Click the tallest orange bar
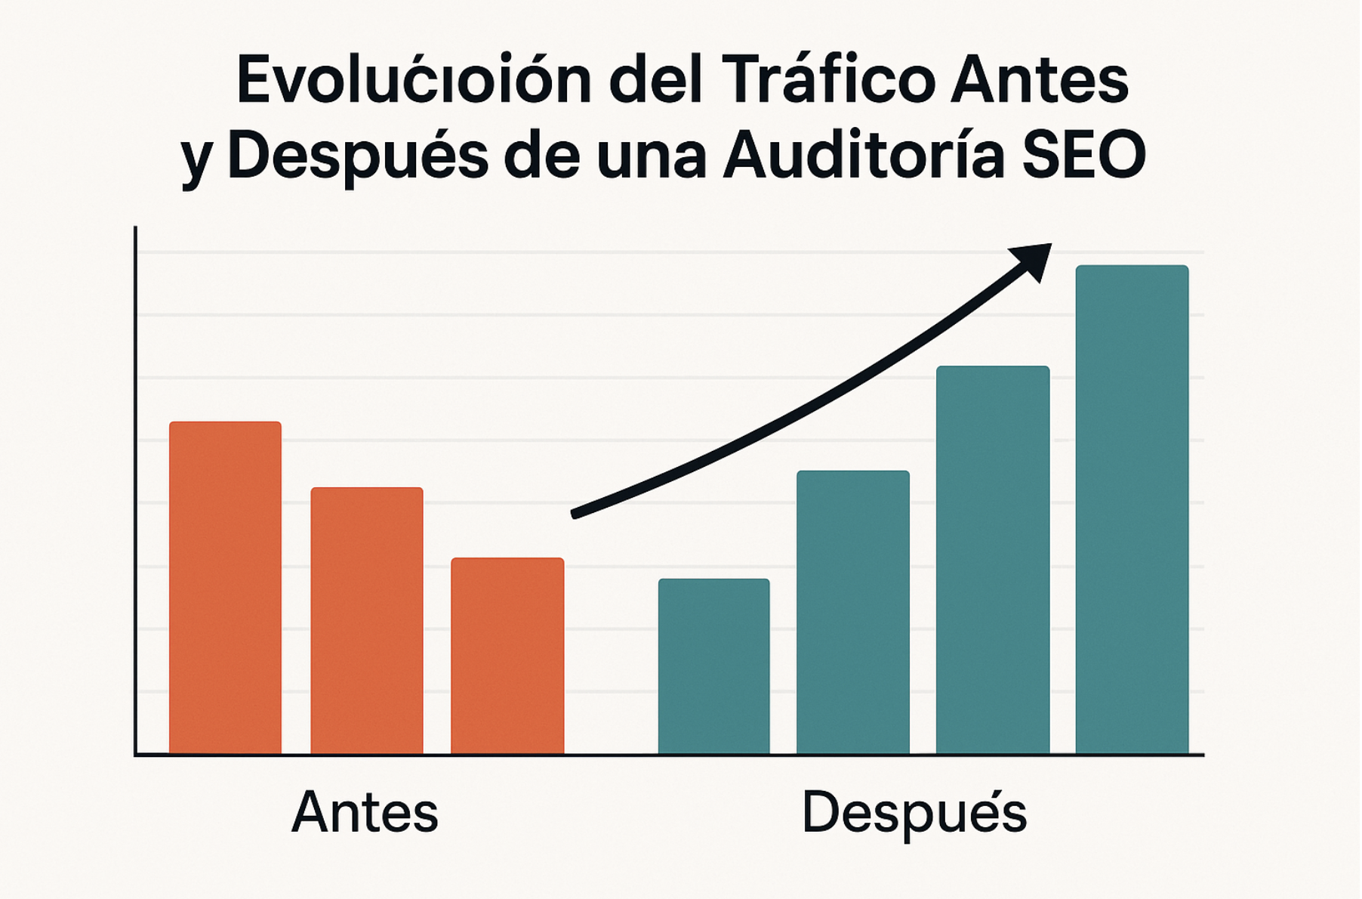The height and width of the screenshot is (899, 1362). point(225,588)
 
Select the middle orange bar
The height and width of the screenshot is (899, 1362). point(367,620)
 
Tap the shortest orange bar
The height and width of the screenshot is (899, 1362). point(507,656)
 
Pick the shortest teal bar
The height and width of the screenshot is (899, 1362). point(713,666)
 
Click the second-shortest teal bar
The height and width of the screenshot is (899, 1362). point(853,612)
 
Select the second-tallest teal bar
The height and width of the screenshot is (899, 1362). point(993,560)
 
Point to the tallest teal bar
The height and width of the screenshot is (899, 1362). point(1132,509)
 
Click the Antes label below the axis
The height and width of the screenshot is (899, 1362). point(365,813)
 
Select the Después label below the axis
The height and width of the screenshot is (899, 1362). point(914,813)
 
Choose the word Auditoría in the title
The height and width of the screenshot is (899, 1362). point(864,156)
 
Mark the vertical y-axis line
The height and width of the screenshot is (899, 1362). point(136,491)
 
